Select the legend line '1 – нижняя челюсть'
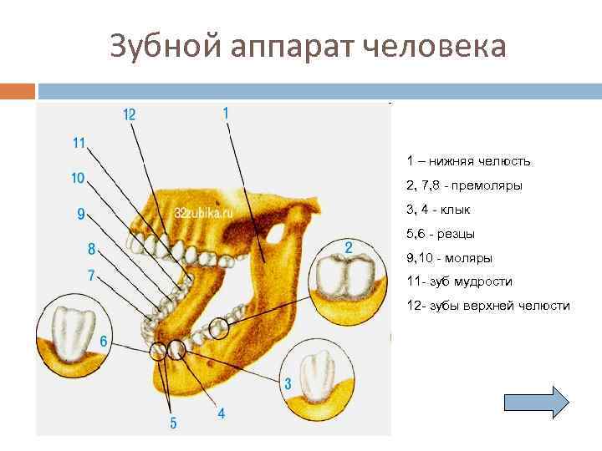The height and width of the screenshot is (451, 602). tap(468, 161)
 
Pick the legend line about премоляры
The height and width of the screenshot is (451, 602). tap(464, 185)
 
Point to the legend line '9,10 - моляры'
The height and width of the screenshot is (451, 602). tap(449, 258)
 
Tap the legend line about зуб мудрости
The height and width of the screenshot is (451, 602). tap(459, 281)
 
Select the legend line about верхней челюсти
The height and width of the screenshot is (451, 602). tap(488, 306)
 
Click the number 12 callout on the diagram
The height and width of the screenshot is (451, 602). tap(130, 114)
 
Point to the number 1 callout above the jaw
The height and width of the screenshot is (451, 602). tap(226, 111)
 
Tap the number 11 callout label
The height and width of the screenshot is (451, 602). tap(79, 143)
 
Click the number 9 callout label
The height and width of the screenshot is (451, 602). tap(81, 214)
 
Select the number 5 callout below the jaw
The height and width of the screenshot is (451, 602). tap(173, 423)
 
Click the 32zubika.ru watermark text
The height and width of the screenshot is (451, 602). tap(203, 213)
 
